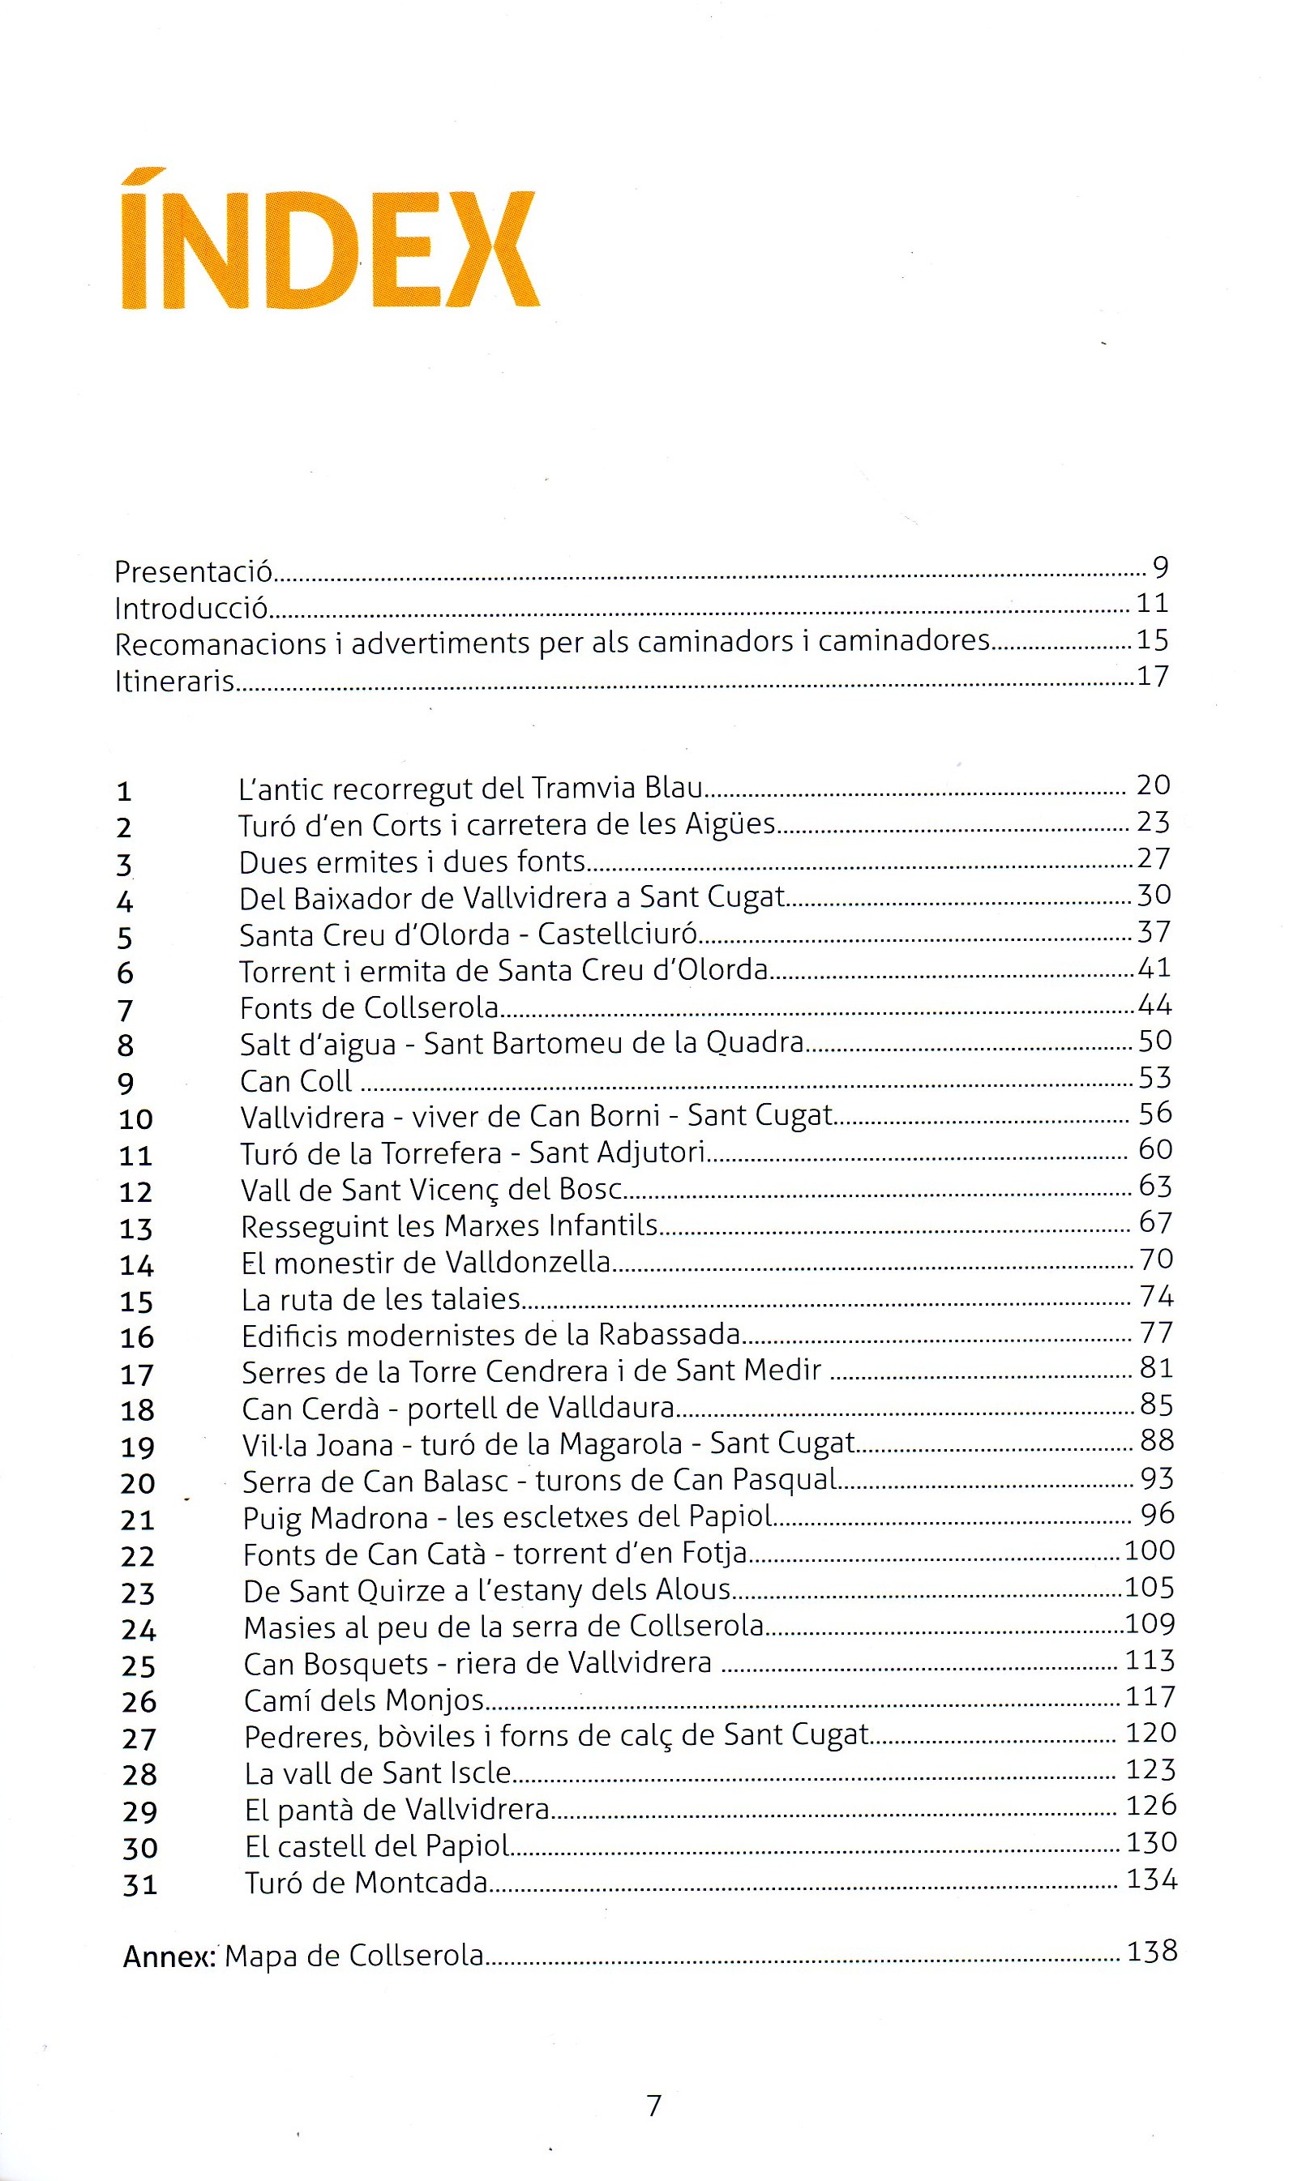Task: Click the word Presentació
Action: (194, 571)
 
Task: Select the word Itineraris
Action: (174, 681)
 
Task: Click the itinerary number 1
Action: (124, 791)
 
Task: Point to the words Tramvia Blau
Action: (617, 788)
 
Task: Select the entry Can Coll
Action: (295, 1081)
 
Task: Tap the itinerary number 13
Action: (135, 1229)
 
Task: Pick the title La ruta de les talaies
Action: (380, 1299)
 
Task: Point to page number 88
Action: (1157, 1440)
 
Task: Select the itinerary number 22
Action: (137, 1556)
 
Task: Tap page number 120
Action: (1151, 1732)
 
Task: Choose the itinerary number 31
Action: (139, 1884)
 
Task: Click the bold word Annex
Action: (169, 1957)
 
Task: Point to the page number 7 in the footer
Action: (654, 2106)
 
